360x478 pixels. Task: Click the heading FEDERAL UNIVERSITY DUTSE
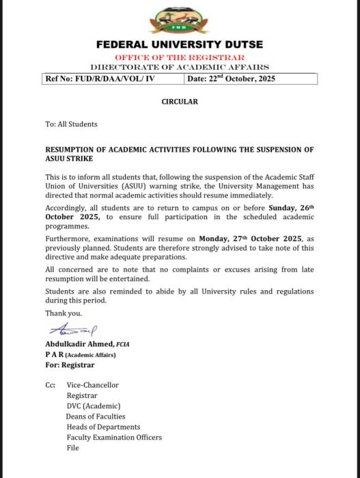point(180,44)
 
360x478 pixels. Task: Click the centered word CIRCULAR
point(180,102)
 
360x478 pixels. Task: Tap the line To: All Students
point(71,124)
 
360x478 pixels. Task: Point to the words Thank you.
point(63,313)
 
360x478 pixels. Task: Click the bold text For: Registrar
point(70,365)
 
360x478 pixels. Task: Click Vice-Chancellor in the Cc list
point(92,385)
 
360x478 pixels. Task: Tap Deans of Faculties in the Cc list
point(96,417)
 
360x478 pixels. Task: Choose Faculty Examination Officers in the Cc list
point(114,438)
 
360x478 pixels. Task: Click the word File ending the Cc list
point(73,448)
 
